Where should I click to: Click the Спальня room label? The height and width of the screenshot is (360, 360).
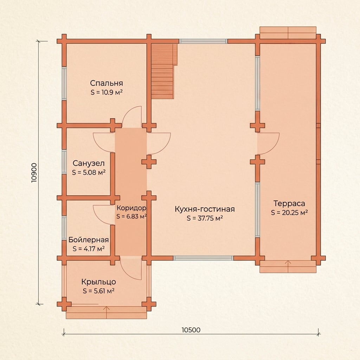[106, 83]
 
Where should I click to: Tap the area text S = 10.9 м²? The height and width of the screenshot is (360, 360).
[106, 92]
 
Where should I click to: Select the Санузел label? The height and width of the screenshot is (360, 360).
[89, 163]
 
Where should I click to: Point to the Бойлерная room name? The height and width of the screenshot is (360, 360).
[88, 240]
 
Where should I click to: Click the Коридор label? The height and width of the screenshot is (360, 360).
[131, 208]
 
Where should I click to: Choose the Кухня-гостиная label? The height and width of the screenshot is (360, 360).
[205, 209]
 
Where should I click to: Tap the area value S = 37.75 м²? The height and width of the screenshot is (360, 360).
[205, 218]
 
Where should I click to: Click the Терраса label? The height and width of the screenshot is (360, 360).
[289, 204]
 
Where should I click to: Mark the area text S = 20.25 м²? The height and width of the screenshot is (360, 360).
[289, 213]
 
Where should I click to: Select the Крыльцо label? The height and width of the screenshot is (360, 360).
[98, 282]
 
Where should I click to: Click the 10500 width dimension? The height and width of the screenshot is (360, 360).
[191, 330]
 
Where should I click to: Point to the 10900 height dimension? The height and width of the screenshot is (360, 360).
[34, 173]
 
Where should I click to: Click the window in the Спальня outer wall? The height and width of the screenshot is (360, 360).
[64, 83]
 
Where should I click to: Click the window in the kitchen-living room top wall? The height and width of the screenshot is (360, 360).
[203, 41]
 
